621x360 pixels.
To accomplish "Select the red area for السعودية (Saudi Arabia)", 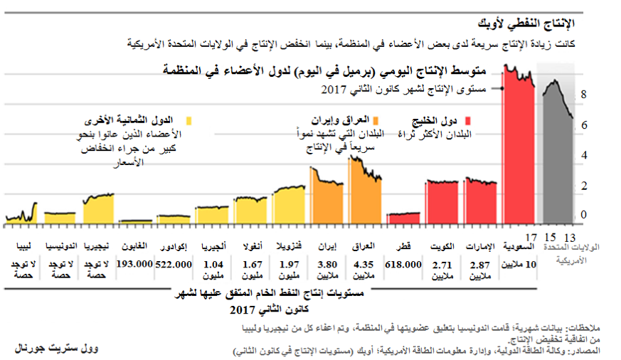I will click(x=518, y=157).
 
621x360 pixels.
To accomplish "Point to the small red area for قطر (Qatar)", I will click(x=403, y=218).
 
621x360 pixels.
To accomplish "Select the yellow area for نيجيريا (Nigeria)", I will click(x=98, y=210).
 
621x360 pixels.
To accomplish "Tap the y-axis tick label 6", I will click(x=584, y=125).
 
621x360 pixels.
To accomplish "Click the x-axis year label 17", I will click(x=530, y=236).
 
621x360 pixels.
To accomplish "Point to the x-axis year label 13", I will click(x=569, y=236).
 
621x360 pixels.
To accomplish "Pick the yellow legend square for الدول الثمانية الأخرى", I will click(x=189, y=121).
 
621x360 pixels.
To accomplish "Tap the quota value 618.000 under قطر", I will click(x=403, y=264).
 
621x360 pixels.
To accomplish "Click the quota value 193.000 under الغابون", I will click(x=135, y=264).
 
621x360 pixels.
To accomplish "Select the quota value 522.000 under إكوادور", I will click(x=174, y=264).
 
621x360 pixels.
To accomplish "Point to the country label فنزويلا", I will click(x=290, y=246).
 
